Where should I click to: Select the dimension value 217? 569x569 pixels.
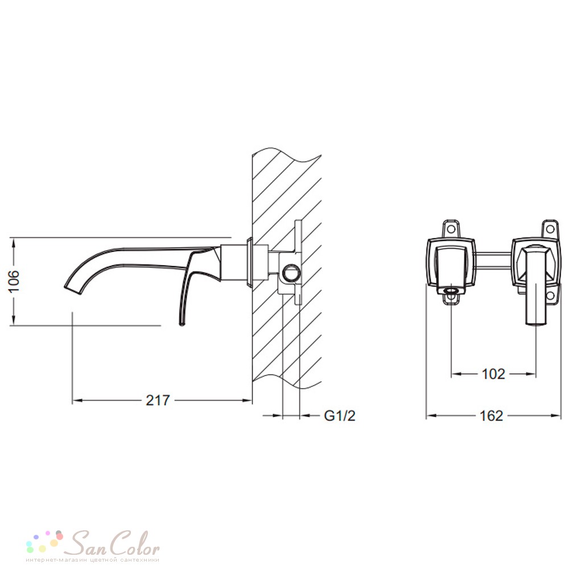tap(158, 400)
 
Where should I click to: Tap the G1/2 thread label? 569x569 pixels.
tap(340, 415)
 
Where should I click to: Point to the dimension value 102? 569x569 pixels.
tap(493, 374)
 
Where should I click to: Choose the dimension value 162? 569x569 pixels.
tap(492, 416)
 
